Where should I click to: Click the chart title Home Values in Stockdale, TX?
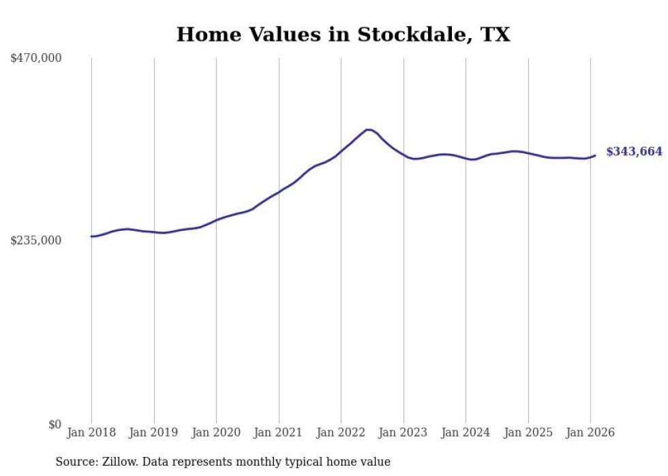[x=343, y=34]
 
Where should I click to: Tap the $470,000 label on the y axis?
[x=36, y=59]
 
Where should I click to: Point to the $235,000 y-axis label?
[x=36, y=240]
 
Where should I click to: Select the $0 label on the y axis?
[x=55, y=424]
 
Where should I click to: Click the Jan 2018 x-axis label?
[x=91, y=432]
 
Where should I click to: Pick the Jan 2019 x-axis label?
[x=154, y=432]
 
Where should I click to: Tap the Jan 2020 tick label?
[x=216, y=432]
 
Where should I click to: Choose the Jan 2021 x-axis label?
[x=279, y=432]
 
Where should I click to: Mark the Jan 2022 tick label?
[x=341, y=432]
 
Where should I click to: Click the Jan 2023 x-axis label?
[x=404, y=432]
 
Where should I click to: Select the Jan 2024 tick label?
[x=466, y=432]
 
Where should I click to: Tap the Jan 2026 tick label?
[x=590, y=432]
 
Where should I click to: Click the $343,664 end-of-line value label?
[x=634, y=152]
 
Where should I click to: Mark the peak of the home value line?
[x=368, y=129]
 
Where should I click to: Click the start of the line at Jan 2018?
[x=91, y=236]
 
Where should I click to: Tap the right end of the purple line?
[x=595, y=155]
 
